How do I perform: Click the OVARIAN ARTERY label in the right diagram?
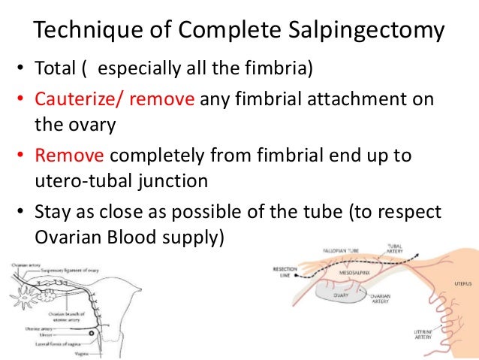click(x=382, y=299)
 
